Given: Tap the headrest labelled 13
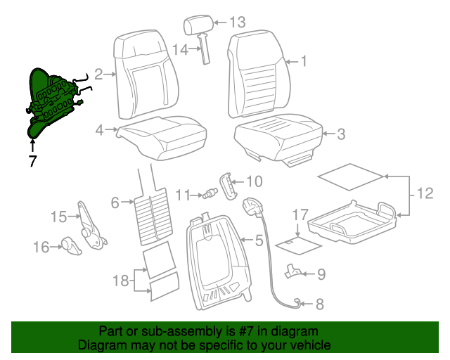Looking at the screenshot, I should point(198,27).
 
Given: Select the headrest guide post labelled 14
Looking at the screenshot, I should point(207,50).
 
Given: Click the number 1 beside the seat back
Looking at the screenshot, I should point(304,61).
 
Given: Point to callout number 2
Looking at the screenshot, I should point(99,72).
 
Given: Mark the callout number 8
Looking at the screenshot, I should point(319,304).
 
